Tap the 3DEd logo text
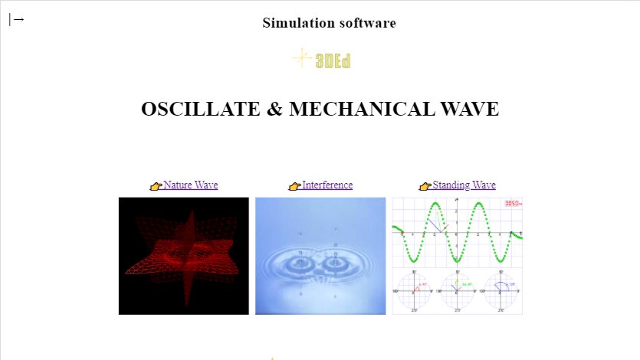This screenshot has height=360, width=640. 333,61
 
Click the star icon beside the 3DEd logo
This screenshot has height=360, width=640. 302,57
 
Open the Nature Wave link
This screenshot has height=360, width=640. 190,185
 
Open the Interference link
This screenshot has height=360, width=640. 327,185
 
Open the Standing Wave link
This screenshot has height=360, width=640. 464,185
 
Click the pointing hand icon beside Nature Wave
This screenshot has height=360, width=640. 156,186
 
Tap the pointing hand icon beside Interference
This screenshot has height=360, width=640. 294,186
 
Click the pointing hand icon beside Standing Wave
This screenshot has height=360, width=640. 425,186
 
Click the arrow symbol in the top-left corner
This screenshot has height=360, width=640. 17,20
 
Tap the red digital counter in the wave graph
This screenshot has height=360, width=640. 513,204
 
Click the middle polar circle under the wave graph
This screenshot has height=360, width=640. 458,290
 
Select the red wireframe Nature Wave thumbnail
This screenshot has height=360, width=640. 184,256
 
